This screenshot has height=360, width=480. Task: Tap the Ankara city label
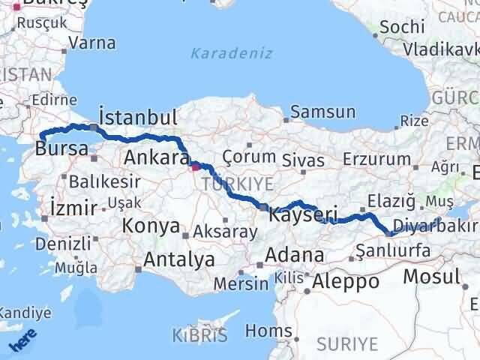(156, 157)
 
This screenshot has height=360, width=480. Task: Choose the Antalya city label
(178, 259)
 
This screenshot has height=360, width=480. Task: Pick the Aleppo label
(346, 283)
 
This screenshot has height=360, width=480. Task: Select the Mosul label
(431, 276)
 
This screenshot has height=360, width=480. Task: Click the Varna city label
(92, 43)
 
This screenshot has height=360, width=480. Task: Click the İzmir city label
(72, 207)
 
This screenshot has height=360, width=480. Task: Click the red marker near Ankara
(195, 167)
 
